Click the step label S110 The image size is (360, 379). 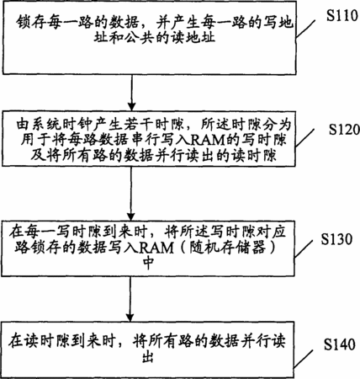[x=341, y=16]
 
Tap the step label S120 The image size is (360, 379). [x=344, y=130]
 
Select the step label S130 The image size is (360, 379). [x=336, y=239]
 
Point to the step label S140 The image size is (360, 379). [x=340, y=344]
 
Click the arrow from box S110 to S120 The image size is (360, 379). [x=131, y=93]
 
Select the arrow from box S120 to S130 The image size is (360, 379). [x=131, y=194]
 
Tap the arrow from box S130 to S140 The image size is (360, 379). [x=130, y=299]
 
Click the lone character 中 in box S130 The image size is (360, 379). [x=149, y=263]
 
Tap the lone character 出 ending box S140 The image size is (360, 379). [x=148, y=357]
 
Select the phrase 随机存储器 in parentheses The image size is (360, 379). [x=227, y=248]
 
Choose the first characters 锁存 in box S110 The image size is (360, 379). [x=31, y=22]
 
